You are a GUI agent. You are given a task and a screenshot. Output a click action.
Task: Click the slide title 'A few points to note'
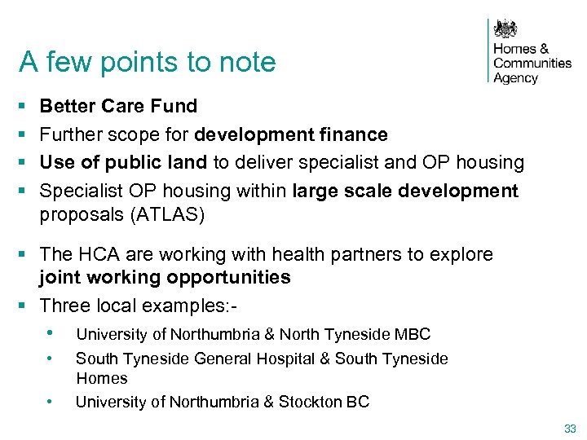click(148, 61)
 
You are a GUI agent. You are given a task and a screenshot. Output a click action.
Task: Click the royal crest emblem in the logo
click(508, 30)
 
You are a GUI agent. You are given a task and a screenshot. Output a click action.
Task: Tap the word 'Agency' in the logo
click(516, 78)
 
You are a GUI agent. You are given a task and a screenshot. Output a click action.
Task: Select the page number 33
click(569, 429)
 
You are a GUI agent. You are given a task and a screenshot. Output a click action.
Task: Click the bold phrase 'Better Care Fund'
click(118, 106)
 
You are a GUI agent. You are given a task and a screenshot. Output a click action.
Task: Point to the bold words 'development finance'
click(291, 134)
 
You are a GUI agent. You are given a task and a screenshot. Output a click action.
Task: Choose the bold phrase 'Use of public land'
click(123, 162)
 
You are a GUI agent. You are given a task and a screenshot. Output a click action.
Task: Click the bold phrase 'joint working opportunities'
click(165, 277)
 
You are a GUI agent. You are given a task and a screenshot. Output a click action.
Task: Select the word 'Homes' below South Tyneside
click(102, 378)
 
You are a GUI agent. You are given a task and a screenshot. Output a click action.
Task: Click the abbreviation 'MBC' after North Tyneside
click(413, 334)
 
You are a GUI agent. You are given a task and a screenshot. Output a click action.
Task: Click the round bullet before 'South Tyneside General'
click(51, 359)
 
